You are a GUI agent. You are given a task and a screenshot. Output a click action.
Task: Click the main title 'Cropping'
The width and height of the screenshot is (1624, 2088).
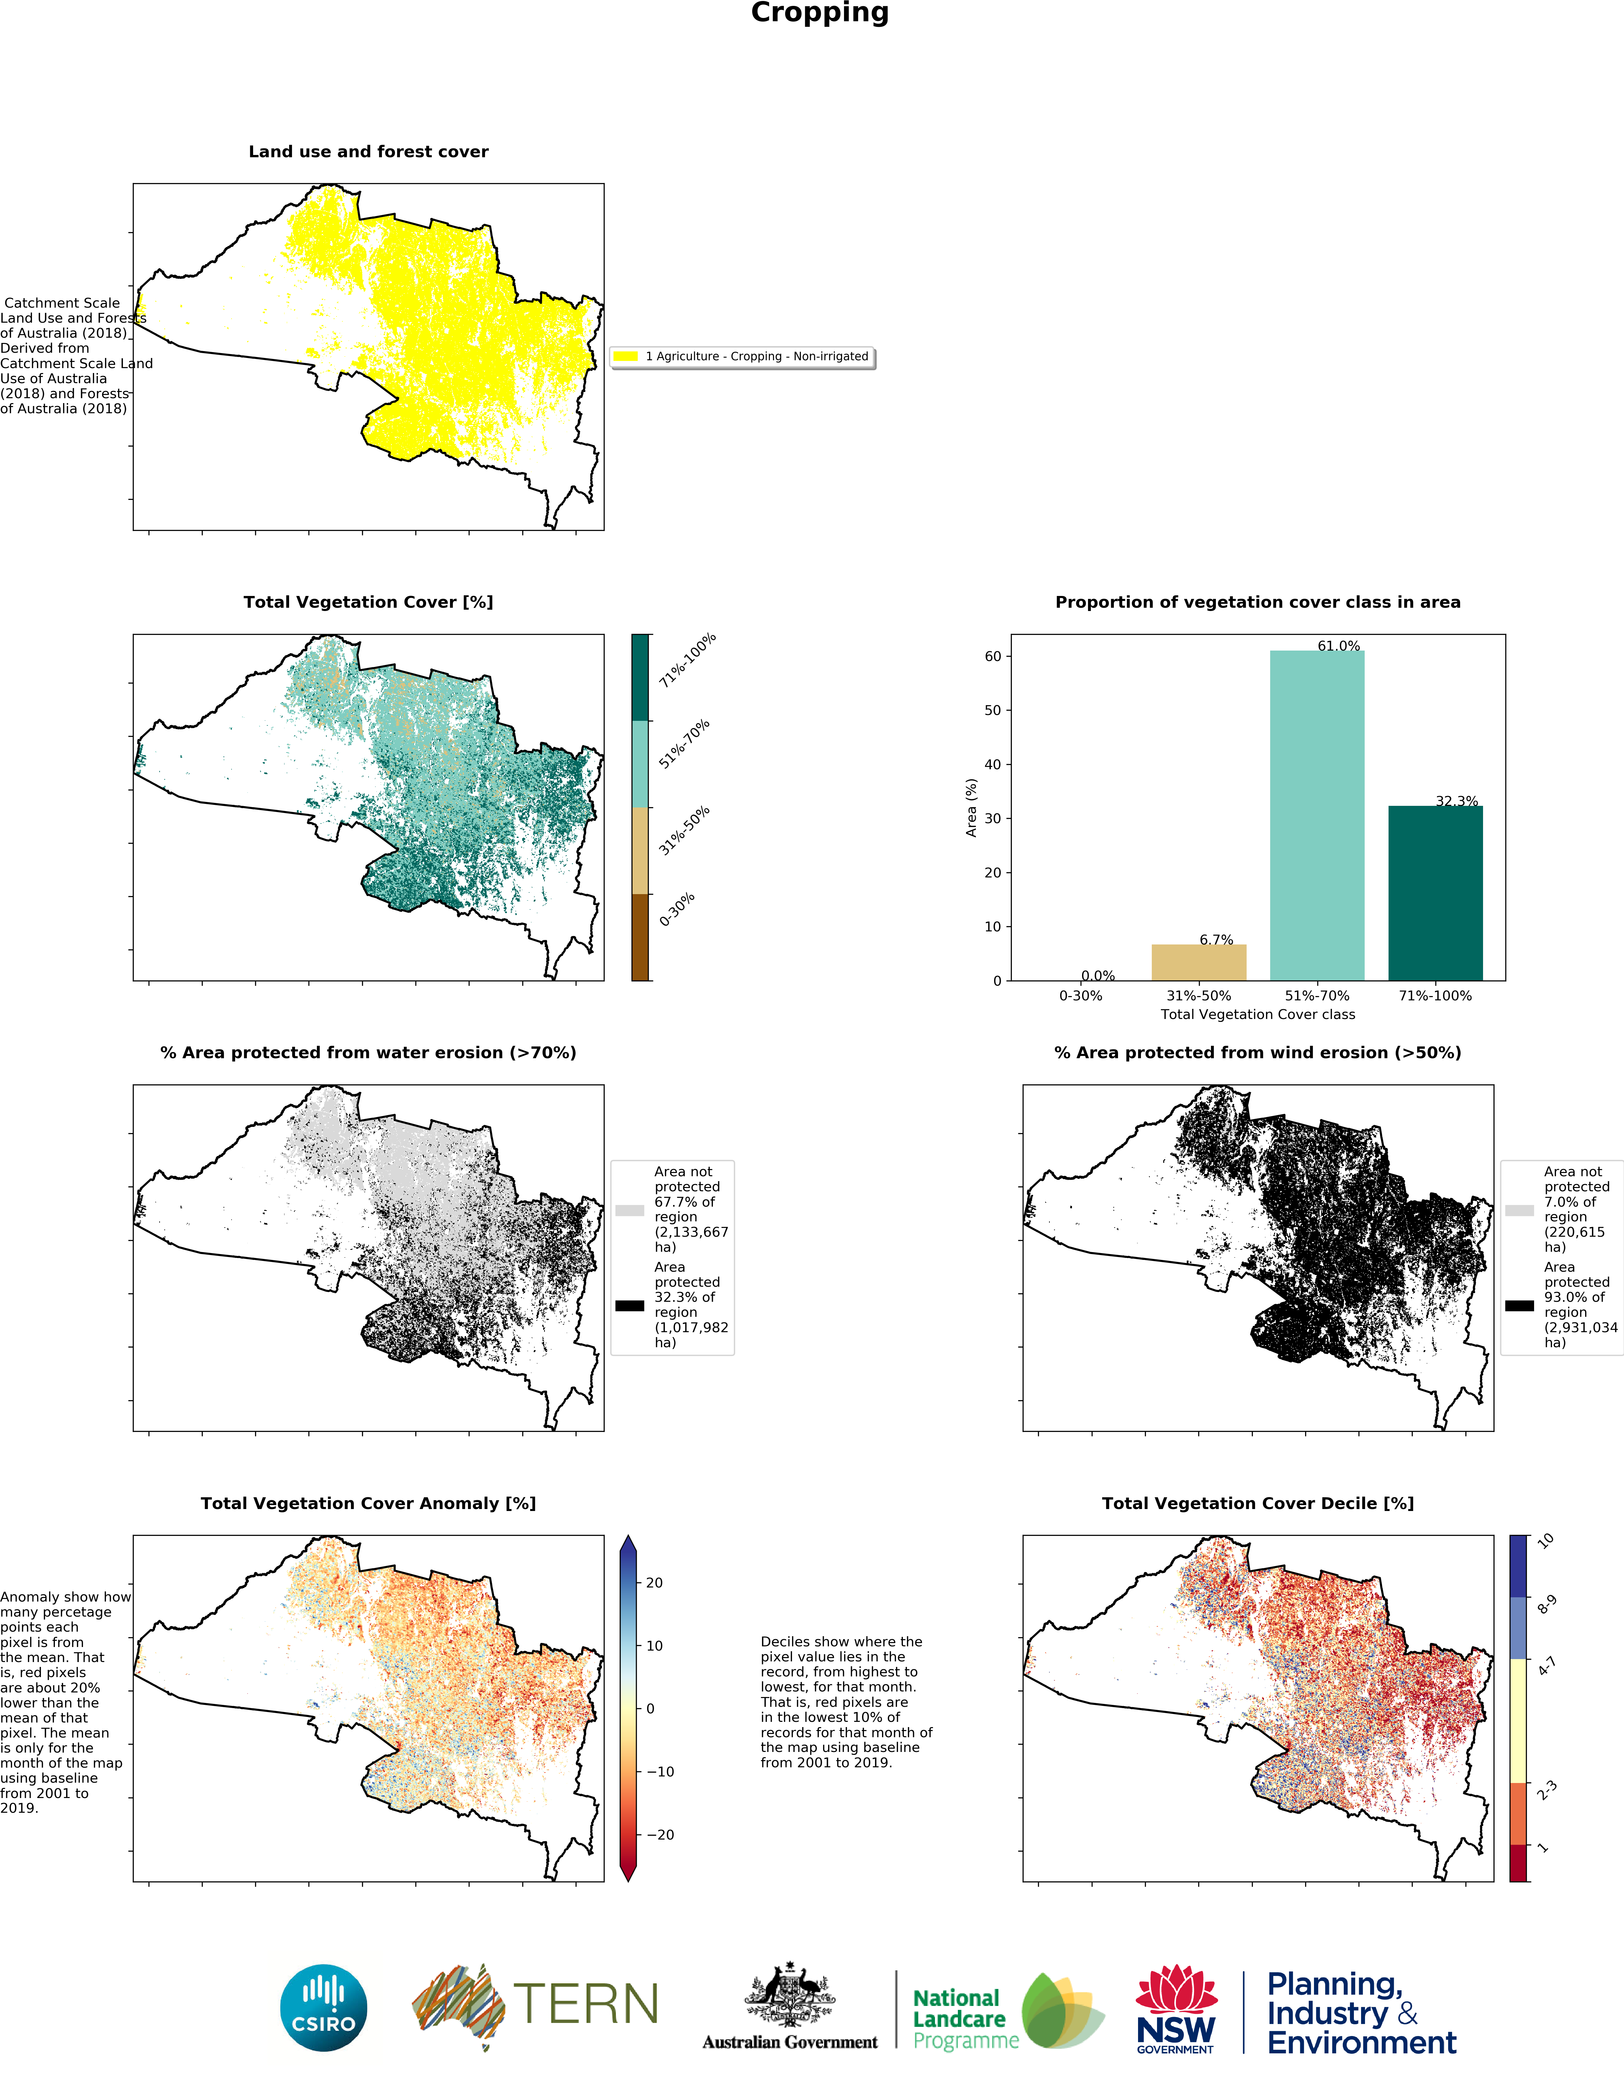820,13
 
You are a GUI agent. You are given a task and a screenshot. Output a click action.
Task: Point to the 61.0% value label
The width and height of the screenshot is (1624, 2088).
1338,646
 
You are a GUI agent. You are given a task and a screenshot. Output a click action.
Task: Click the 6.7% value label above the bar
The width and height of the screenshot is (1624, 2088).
1216,940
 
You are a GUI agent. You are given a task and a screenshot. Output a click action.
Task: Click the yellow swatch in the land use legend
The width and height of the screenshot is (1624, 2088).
626,357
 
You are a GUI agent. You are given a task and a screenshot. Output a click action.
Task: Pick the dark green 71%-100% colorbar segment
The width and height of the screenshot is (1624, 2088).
640,677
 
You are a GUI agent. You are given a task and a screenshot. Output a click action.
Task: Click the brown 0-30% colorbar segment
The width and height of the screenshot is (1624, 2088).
640,937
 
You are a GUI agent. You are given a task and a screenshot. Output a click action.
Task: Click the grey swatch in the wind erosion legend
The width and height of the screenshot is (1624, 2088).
1519,1210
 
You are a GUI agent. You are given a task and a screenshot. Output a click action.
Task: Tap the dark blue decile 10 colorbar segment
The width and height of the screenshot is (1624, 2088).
1518,1566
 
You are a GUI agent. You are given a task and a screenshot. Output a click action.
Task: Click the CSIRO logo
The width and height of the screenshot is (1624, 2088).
323,2008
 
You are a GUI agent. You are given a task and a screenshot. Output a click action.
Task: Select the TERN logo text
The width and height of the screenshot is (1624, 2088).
585,2005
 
